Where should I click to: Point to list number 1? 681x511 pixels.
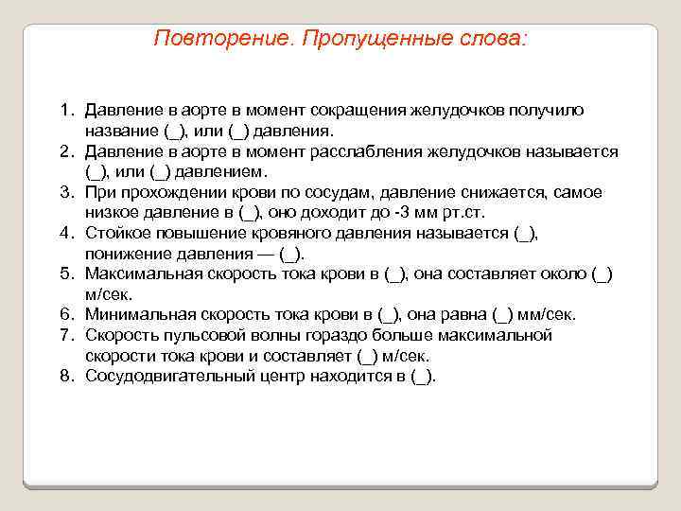point(67,111)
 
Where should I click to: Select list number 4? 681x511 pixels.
point(67,232)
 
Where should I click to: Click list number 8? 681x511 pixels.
point(67,376)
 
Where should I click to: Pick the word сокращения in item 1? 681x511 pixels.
point(359,111)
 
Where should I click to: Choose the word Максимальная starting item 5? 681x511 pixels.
point(136,273)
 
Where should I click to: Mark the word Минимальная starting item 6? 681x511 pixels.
point(133,314)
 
